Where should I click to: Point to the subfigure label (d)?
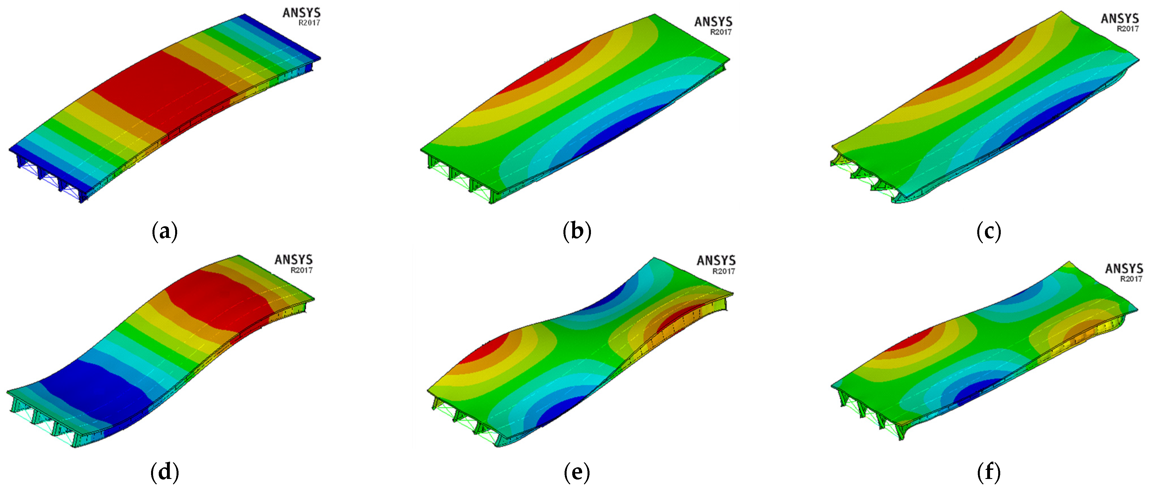[x=165, y=472]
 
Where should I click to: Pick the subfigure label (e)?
[x=577, y=472]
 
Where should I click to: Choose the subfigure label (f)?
[x=988, y=472]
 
